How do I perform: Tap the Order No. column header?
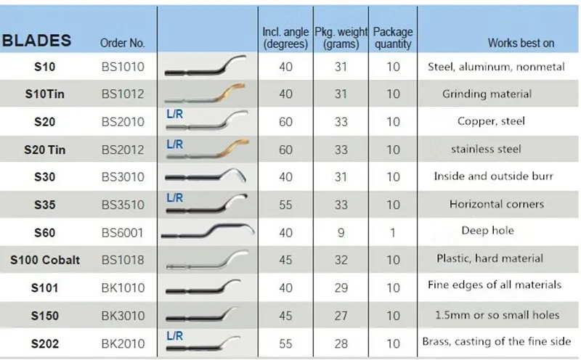[x=123, y=44]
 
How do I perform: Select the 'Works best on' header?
[x=521, y=44]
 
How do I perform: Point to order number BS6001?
[x=123, y=232]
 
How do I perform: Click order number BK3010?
[x=123, y=315]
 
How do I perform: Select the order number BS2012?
[x=123, y=149]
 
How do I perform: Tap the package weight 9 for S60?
[x=341, y=232]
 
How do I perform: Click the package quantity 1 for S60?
[x=393, y=232]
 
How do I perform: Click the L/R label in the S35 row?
[x=175, y=197]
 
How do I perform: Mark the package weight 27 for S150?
[x=341, y=315]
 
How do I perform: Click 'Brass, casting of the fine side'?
[x=497, y=341]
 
